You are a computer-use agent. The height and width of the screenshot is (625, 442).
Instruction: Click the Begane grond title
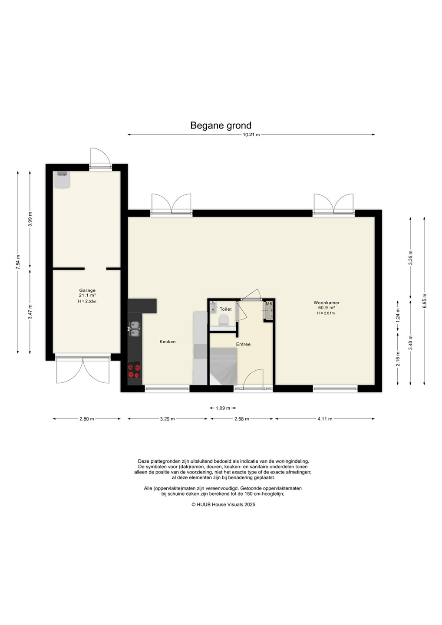[x=221, y=125]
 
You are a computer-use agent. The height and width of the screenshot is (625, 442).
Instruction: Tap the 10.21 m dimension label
[x=251, y=135]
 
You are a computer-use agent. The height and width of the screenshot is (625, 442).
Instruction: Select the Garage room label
[x=87, y=290]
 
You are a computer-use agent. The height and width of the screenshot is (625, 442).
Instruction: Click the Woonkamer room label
[x=327, y=303]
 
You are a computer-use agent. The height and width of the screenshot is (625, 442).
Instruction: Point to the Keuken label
[x=168, y=342]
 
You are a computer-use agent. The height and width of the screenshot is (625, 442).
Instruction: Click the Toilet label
[x=225, y=309]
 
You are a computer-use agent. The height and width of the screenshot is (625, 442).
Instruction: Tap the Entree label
[x=243, y=344]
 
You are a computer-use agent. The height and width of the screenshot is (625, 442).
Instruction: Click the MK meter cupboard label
[x=269, y=303]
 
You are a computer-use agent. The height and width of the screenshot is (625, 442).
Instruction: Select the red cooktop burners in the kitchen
[x=134, y=370]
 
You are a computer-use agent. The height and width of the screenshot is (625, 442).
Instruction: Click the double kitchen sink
[x=135, y=329]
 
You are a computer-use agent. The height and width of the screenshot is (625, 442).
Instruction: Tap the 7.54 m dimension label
[x=18, y=262]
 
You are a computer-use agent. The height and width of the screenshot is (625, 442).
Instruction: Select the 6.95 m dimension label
[x=424, y=300]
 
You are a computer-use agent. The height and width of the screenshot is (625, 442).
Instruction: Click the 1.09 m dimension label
[x=223, y=408]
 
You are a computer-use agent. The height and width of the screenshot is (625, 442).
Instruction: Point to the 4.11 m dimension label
[x=325, y=419]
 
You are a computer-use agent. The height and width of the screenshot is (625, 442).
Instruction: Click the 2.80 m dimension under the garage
[x=87, y=419]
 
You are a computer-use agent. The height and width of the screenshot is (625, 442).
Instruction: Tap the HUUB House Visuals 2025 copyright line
[x=223, y=504]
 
